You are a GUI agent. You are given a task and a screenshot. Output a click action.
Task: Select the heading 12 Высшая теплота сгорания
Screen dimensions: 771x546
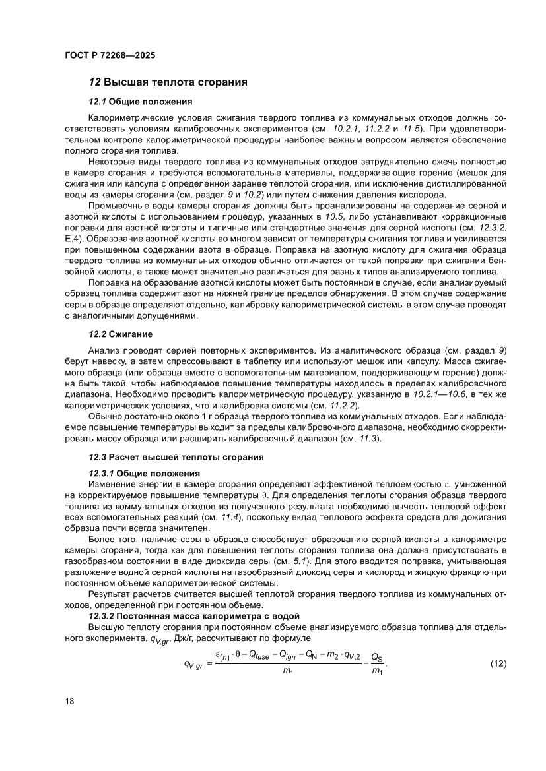tap(168, 82)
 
